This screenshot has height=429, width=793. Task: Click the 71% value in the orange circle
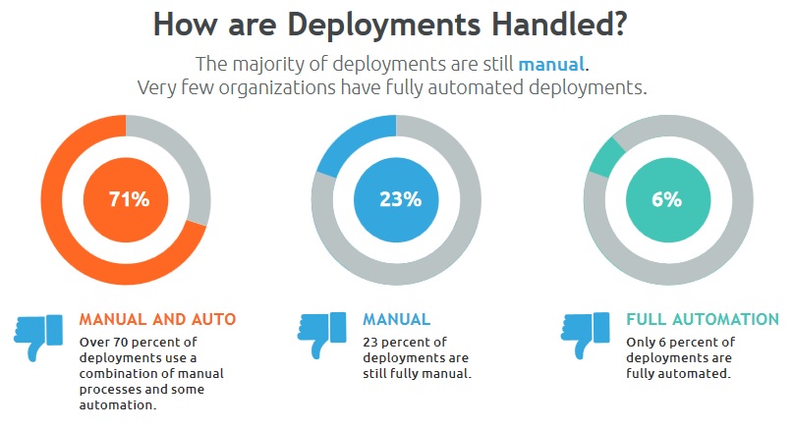129,199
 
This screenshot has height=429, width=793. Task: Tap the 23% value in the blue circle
400,199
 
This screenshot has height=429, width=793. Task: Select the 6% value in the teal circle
666,199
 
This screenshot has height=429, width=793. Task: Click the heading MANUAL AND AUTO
157,320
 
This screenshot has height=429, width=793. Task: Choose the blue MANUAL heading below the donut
396,320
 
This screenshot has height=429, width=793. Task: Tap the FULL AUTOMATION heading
703,320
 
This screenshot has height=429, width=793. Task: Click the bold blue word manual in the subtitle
551,65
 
